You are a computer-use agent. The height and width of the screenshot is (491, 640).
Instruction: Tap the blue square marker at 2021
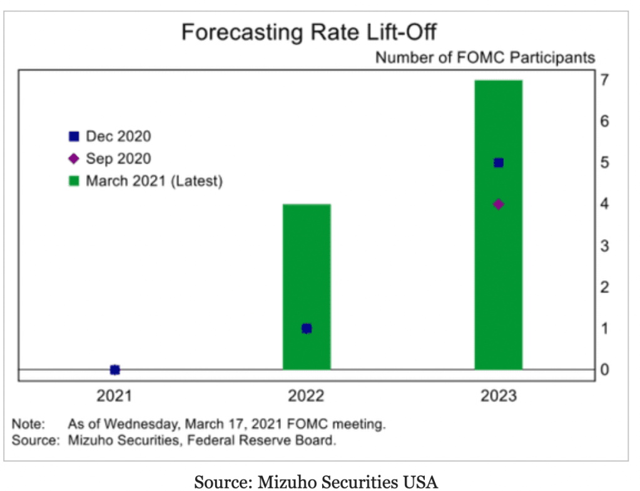click(x=114, y=370)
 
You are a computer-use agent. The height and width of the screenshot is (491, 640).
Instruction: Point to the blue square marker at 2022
click(x=307, y=328)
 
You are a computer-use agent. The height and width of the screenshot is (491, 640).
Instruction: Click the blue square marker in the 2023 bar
click(x=499, y=163)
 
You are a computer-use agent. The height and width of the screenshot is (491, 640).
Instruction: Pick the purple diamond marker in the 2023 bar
click(x=499, y=204)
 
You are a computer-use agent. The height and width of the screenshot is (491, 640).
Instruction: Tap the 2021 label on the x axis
click(x=114, y=396)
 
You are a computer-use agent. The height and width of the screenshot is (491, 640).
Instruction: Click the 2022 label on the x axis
click(x=307, y=396)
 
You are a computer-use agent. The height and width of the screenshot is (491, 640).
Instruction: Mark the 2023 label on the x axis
click(x=499, y=396)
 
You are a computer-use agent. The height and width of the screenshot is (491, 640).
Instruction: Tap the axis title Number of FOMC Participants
click(x=485, y=58)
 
